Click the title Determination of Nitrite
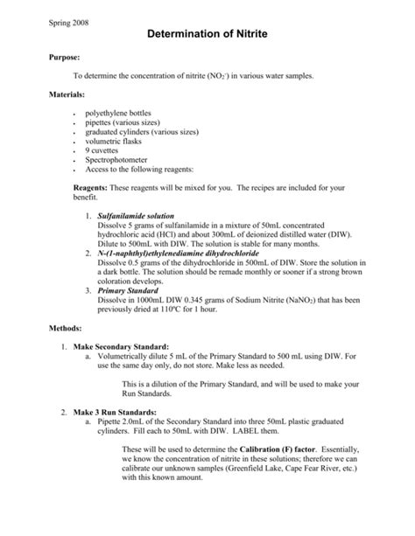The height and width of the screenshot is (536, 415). [x=207, y=32]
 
